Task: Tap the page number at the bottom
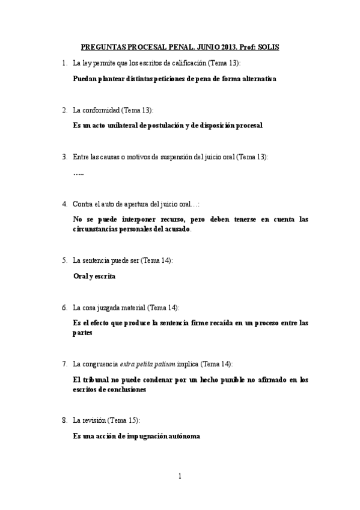click(180, 476)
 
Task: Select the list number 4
click(64, 204)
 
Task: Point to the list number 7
click(64, 364)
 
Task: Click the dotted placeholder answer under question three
click(78, 173)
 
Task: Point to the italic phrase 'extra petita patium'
click(147, 364)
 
